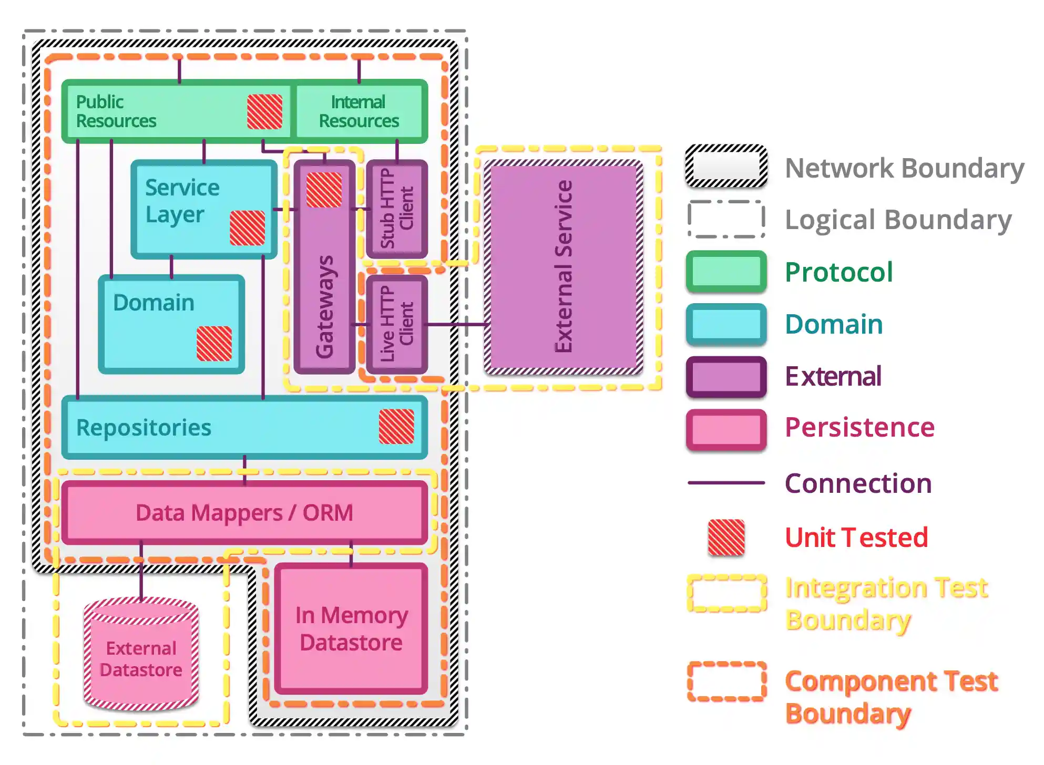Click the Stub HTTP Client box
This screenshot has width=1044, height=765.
point(397,209)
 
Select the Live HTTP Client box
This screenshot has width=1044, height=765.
point(397,324)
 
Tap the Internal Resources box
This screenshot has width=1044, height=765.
point(360,111)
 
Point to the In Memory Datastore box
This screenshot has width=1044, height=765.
point(351,628)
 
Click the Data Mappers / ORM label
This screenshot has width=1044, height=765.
point(244,513)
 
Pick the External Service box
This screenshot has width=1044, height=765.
point(564,267)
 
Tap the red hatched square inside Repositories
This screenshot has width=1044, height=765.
point(396,427)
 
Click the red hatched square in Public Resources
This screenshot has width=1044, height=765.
point(264,111)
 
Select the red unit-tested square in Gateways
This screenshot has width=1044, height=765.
point(324,190)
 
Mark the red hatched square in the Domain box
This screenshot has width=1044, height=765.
point(214,343)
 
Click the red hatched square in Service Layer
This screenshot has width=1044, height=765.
point(247,228)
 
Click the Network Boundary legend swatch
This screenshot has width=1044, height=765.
point(726,167)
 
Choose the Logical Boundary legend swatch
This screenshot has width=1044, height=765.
point(726,219)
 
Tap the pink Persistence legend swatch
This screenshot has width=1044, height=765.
point(726,429)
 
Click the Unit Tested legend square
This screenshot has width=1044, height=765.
point(726,537)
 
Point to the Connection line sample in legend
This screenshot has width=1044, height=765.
point(726,482)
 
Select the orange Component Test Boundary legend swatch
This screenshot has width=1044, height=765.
point(726,681)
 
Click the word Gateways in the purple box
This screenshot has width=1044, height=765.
point(324,307)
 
